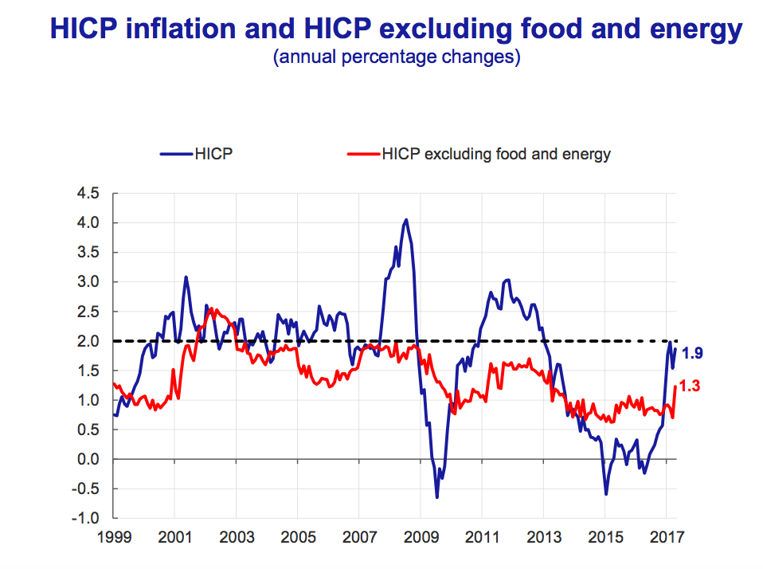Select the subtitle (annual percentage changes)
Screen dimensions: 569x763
pyautogui.click(x=397, y=57)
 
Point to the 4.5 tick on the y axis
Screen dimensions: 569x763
pyautogui.click(x=88, y=193)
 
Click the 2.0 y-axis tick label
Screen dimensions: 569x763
pyautogui.click(x=88, y=341)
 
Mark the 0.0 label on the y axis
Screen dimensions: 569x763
pyautogui.click(x=88, y=459)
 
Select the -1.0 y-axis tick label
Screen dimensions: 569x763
pyautogui.click(x=86, y=519)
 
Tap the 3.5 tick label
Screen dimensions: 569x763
pyautogui.click(x=88, y=253)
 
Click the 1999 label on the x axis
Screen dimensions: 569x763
pyautogui.click(x=113, y=538)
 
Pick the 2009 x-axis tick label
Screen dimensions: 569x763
pyautogui.click(x=421, y=538)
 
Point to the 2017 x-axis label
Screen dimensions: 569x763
pyautogui.click(x=667, y=538)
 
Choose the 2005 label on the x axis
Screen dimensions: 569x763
pyautogui.click(x=297, y=538)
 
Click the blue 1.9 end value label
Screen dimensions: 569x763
pyautogui.click(x=691, y=352)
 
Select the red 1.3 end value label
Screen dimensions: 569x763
pyautogui.click(x=691, y=387)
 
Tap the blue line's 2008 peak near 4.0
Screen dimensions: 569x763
pyautogui.click(x=406, y=220)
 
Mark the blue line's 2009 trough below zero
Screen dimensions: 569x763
pyautogui.click(x=436, y=497)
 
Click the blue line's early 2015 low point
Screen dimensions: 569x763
pyautogui.click(x=606, y=494)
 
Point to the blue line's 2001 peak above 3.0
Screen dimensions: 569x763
pyautogui.click(x=186, y=277)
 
